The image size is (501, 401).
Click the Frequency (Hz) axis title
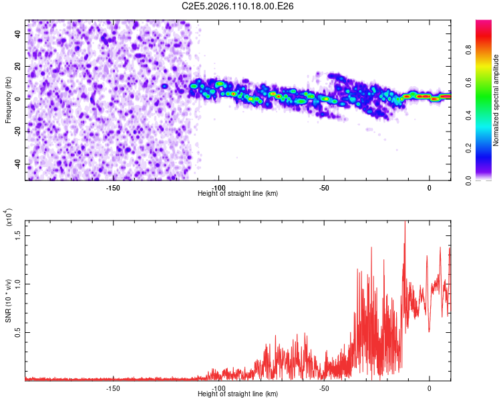pyautogui.click(x=9, y=100)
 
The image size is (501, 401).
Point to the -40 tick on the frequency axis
pyautogui.click(x=17, y=164)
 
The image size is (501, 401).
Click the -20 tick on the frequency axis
pyautogui.click(x=17, y=132)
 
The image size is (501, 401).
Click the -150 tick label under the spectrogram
pyautogui.click(x=113, y=187)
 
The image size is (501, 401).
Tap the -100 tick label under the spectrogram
pyautogui.click(x=218, y=187)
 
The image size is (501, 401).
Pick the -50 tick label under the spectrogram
pyautogui.click(x=324, y=187)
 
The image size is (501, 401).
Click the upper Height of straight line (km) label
pyautogui.click(x=238, y=193)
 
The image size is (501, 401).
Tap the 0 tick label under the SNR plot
pyautogui.click(x=430, y=388)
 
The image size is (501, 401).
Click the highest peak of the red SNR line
pyautogui.click(x=405, y=222)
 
